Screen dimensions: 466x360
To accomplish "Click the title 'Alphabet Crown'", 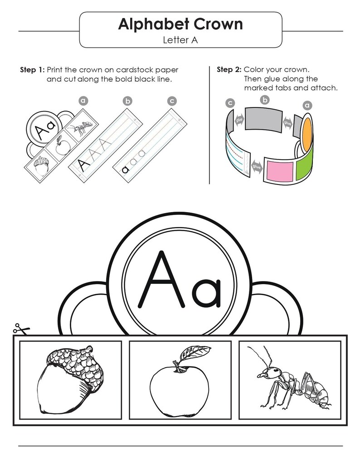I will click(180, 24).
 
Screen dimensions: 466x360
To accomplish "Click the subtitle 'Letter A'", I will click(180, 40).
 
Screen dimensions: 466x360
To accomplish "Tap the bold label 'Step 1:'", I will click(32, 70).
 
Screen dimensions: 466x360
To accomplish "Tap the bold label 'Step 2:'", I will click(229, 70).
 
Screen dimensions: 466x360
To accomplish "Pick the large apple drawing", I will click(180, 388).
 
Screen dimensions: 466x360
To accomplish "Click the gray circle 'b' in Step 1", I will click(127, 101).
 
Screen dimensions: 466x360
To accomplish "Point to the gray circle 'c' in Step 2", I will click(231, 103).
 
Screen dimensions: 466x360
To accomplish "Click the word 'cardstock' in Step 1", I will click(132, 70).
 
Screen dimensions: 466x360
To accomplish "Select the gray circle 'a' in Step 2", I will click(307, 106).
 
